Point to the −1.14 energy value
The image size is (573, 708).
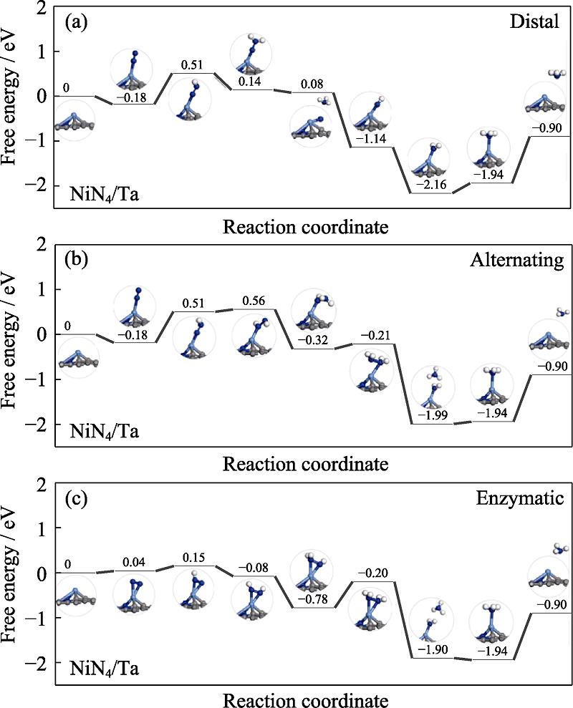point(370,138)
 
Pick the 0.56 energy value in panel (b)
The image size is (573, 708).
point(254,301)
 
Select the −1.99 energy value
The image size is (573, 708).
point(430,416)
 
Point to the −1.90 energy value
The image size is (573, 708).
point(430,649)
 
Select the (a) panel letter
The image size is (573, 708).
point(75,22)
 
